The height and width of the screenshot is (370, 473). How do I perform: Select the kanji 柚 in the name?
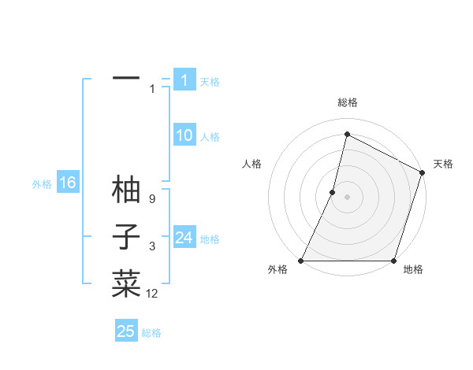(126, 190)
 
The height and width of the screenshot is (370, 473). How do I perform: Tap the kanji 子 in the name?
(126, 237)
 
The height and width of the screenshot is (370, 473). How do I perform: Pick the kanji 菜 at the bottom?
(126, 284)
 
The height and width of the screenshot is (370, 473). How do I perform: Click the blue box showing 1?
(184, 80)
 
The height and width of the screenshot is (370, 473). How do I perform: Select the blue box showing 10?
(184, 135)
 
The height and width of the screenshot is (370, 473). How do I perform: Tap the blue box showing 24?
(184, 237)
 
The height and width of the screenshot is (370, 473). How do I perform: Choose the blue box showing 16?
(67, 183)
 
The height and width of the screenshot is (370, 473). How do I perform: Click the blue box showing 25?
(126, 331)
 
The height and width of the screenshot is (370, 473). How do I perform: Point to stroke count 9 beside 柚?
(151, 200)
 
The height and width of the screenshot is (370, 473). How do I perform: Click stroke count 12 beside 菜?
(152, 294)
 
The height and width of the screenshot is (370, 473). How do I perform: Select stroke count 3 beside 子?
(151, 247)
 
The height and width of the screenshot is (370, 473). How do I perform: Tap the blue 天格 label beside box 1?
(210, 82)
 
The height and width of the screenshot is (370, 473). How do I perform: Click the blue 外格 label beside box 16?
(42, 184)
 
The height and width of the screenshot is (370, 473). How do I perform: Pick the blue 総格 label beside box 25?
(151, 333)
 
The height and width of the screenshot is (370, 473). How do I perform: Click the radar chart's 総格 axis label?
(347, 102)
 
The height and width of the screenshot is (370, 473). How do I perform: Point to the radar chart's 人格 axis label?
(251, 164)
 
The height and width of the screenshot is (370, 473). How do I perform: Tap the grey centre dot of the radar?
(347, 197)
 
